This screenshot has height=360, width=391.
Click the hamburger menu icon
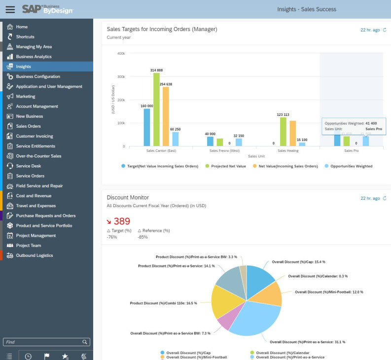10,9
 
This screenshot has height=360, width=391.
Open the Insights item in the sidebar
23,67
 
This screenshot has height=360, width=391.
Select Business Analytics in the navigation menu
34,57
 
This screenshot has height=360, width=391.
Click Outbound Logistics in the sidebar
34,255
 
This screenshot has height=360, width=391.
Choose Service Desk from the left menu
29,166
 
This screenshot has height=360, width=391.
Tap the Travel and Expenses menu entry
36,206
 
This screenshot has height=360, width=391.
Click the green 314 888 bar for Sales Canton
156,109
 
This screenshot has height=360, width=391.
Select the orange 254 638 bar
166,116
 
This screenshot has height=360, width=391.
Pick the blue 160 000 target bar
147,127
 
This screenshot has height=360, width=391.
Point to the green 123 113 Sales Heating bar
283,132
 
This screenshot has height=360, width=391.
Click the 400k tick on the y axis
120,53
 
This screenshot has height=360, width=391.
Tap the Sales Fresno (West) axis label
224,150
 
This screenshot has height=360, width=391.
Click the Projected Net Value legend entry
228,166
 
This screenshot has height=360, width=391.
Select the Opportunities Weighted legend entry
351,166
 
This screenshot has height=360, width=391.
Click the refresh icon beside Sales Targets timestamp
385,30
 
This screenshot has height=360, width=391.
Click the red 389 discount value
121,221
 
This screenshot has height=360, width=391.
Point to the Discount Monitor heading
128,198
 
